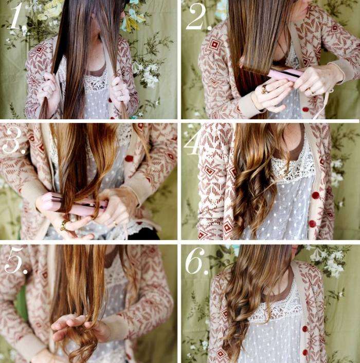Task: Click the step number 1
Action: [16, 16]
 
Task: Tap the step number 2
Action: [199, 17]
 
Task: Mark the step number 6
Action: [197, 262]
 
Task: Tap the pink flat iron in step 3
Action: [74, 204]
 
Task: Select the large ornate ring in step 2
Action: [265, 89]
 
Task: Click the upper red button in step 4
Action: [315, 195]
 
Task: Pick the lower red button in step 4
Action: [313, 224]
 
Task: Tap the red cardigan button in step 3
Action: [129, 158]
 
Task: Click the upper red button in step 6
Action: [304, 329]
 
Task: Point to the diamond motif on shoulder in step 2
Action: [215, 44]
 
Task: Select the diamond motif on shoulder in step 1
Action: [39, 49]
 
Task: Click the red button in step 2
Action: [305, 110]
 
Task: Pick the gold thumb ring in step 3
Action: [63, 225]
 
